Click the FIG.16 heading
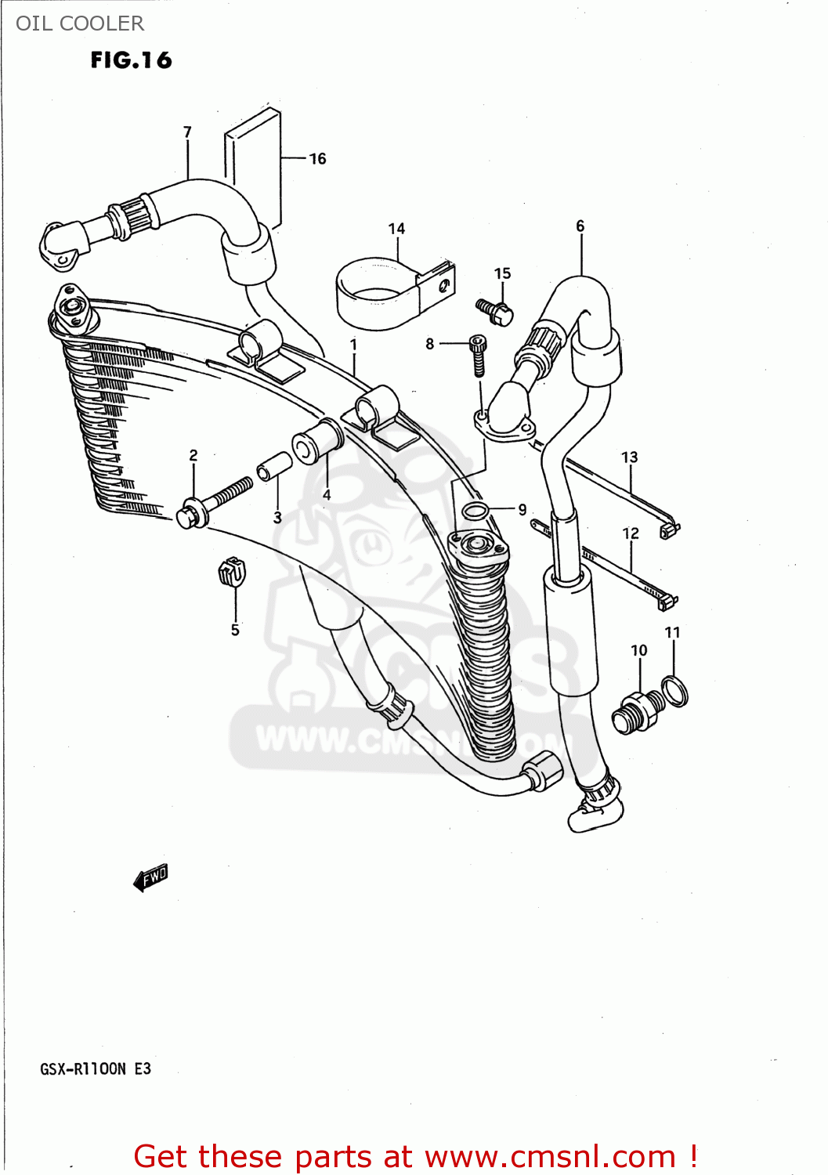click(131, 60)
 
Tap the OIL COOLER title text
click(80, 23)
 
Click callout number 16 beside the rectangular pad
click(317, 159)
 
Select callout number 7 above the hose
click(187, 132)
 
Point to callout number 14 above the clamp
click(396, 229)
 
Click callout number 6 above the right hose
click(580, 226)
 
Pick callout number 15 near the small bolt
click(502, 273)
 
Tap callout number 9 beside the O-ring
click(522, 509)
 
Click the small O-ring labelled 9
click(475, 512)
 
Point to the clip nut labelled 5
click(232, 573)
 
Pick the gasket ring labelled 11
click(675, 690)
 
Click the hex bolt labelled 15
click(495, 312)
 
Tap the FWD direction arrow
click(151, 877)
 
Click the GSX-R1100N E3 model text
click(96, 1069)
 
